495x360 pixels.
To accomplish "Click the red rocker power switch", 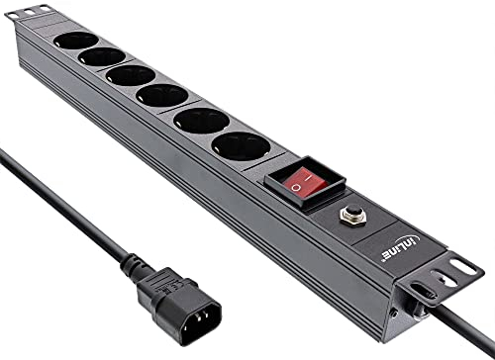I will tap(304, 182).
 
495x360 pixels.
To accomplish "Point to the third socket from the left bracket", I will tap(131, 75).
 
